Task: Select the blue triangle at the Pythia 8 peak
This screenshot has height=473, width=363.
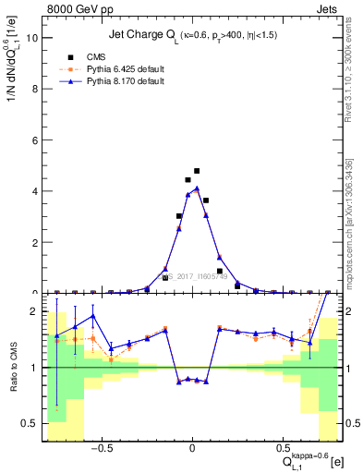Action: tap(197, 188)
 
